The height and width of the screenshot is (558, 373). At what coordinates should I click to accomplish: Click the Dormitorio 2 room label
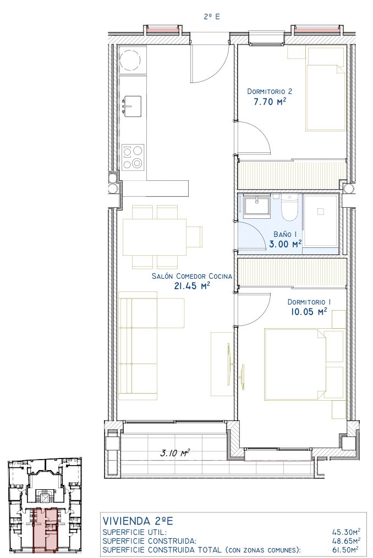270,91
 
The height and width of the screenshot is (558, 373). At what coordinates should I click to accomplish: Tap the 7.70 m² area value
270,102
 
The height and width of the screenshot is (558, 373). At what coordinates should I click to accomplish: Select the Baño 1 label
285,234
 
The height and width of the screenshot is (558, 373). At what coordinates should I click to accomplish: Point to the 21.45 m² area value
191,285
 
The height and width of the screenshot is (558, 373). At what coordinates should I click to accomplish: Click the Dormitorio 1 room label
309,302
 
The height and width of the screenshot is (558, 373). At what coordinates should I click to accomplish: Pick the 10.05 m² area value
309,312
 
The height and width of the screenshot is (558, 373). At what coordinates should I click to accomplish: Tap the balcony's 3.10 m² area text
174,453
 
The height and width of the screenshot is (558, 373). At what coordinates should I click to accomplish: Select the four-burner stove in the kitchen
133,157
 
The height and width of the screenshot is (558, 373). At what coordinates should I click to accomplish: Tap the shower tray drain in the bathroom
320,212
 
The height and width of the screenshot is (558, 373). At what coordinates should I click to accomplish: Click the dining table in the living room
154,236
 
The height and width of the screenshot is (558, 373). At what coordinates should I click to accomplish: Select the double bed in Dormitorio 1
295,364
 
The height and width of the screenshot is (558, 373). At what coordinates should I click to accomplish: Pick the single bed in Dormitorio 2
326,89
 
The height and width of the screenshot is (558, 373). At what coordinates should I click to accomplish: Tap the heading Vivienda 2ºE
138,521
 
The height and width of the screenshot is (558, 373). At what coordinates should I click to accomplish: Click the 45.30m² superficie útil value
345,532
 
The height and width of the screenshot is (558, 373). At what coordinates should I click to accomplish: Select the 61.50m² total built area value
345,550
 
